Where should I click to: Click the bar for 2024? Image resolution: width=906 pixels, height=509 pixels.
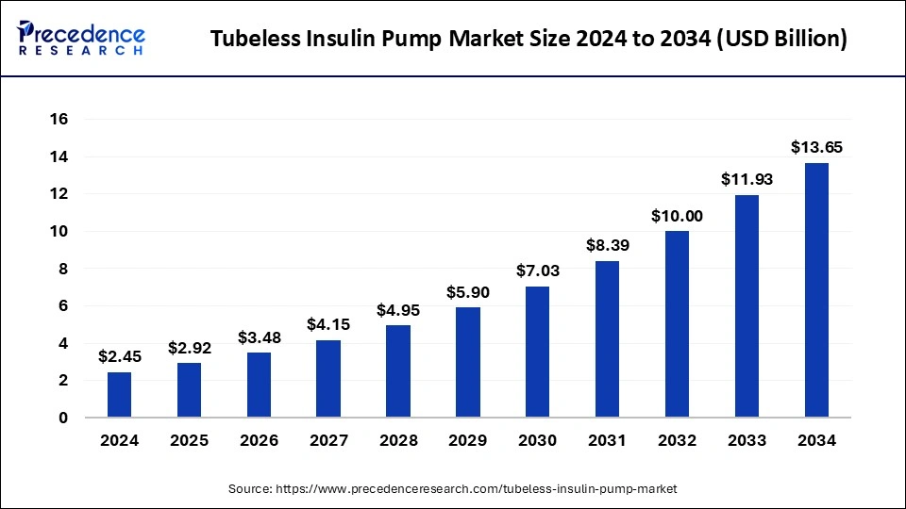coord(119,395)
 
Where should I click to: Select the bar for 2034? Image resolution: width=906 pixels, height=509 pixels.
coord(816,290)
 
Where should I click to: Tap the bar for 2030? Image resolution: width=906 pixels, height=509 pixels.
coord(538,352)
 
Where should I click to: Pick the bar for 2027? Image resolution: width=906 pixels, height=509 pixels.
coord(328,379)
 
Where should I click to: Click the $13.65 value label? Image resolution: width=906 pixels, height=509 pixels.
coord(816,147)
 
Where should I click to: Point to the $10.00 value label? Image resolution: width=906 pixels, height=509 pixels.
coord(677,216)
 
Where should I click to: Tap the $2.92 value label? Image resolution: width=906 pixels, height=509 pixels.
coord(189,348)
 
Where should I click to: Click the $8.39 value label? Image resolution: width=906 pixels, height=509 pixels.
coord(608,246)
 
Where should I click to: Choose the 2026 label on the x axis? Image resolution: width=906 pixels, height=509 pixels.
coord(259,440)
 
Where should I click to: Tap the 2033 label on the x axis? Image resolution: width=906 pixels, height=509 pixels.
coord(747,440)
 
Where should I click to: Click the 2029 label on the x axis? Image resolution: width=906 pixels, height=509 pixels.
coord(468,440)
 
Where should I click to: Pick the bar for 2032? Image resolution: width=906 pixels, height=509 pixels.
coord(677,324)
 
